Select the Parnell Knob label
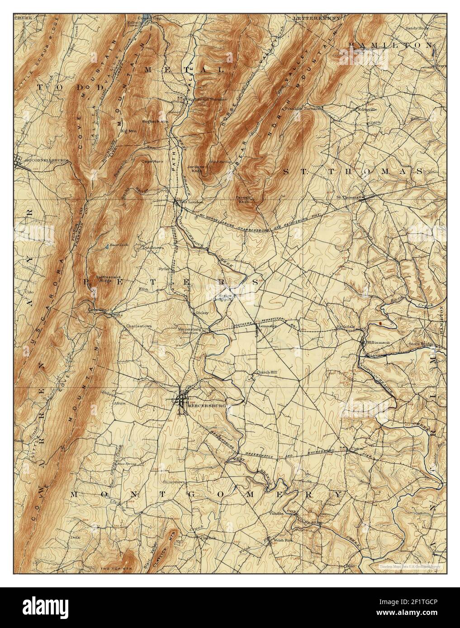point(242,199)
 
